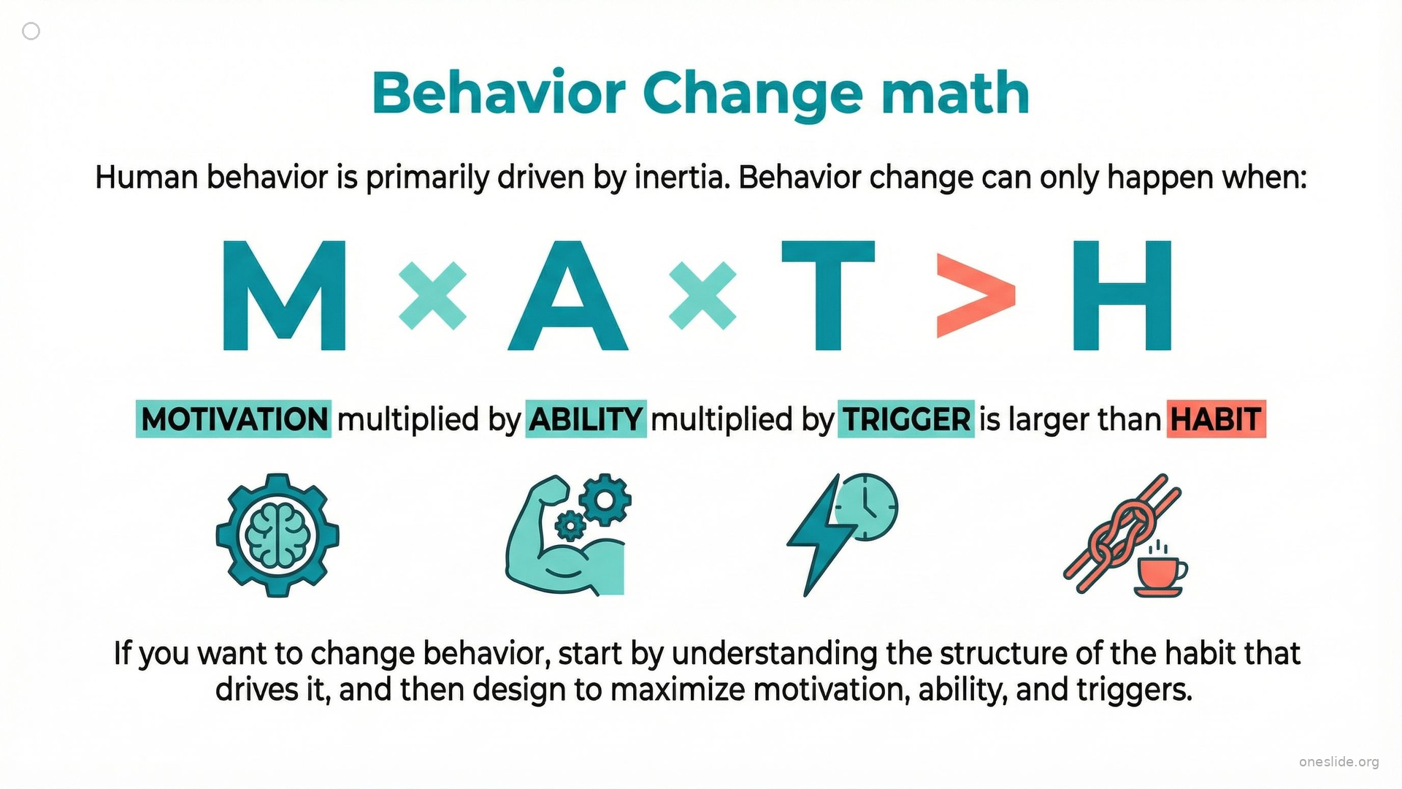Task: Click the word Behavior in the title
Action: click(499, 93)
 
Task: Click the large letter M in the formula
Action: click(284, 295)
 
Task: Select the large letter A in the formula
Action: click(568, 295)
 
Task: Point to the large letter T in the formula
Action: click(828, 295)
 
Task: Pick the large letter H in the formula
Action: click(1122, 295)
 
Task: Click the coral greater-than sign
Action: click(976, 296)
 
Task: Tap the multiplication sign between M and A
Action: click(432, 296)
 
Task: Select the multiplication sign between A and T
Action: click(702, 296)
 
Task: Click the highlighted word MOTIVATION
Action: click(234, 419)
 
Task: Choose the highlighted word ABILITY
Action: click(586, 419)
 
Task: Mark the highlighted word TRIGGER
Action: click(906, 419)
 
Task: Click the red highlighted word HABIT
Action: click(1217, 419)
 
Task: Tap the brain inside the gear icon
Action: click(277, 535)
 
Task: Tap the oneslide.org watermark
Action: click(1339, 762)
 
